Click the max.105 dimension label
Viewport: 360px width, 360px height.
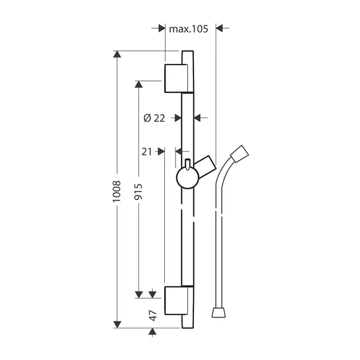188,28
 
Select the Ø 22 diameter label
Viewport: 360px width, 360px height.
155,118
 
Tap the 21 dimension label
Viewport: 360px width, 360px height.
147,152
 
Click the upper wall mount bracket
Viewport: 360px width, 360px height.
177,78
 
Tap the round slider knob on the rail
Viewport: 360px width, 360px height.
187,177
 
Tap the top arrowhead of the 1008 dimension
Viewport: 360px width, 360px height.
117,56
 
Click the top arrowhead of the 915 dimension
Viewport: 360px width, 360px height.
138,84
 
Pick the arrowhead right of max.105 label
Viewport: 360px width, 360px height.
219,28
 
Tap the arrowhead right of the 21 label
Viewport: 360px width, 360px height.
161,152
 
